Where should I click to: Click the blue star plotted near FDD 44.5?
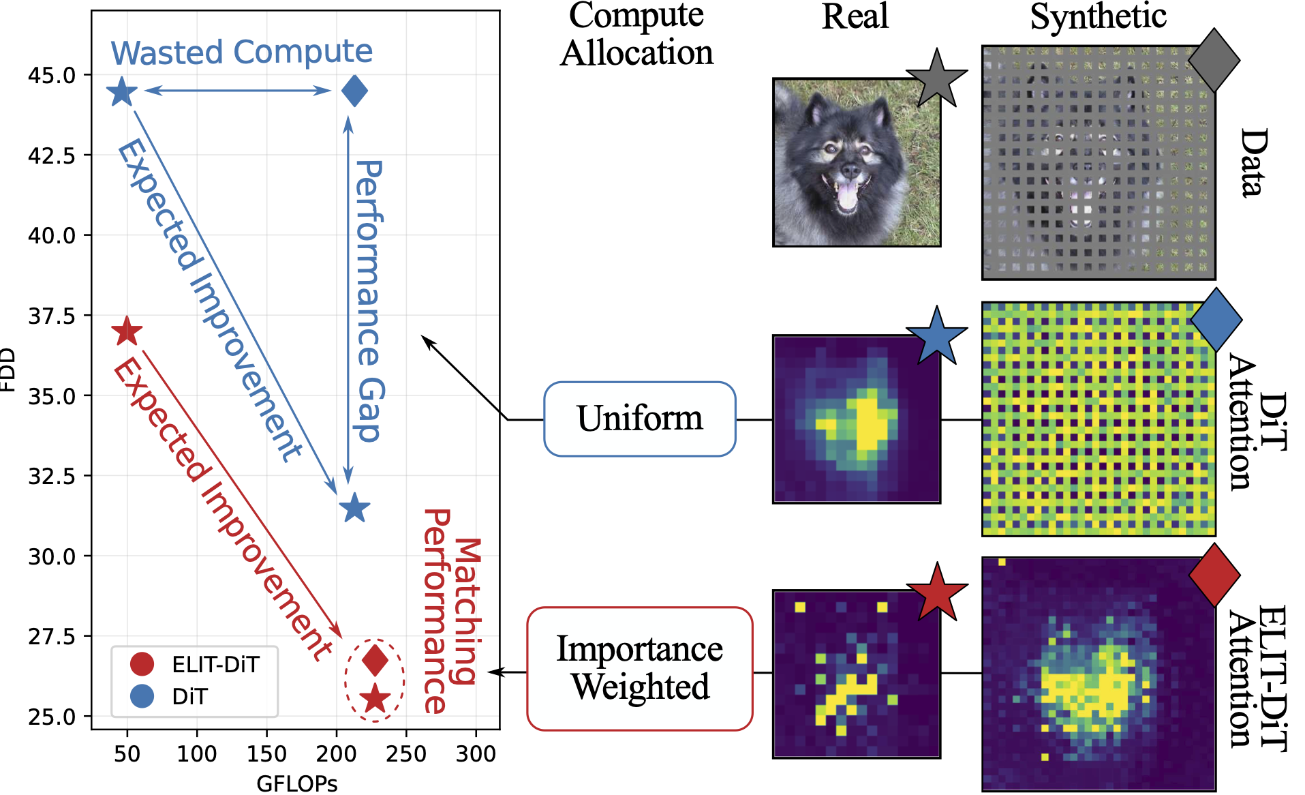click(122, 92)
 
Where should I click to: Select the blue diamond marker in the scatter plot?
click(354, 91)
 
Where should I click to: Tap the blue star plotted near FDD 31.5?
click(354, 508)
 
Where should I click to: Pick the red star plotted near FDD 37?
click(127, 332)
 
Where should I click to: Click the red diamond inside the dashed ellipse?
click(375, 659)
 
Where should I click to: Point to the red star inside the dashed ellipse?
click(375, 698)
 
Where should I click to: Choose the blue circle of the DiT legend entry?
click(142, 696)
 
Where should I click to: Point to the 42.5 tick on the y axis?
click(52, 155)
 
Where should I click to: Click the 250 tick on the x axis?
click(406, 753)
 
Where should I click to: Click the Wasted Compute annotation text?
click(242, 52)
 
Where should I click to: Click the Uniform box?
click(639, 419)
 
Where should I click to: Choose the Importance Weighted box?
click(639, 668)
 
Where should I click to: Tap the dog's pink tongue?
click(847, 195)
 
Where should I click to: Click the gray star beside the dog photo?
click(938, 79)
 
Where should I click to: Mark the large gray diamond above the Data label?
click(1214, 60)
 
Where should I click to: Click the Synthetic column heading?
click(1098, 16)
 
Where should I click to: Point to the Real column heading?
click(855, 16)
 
